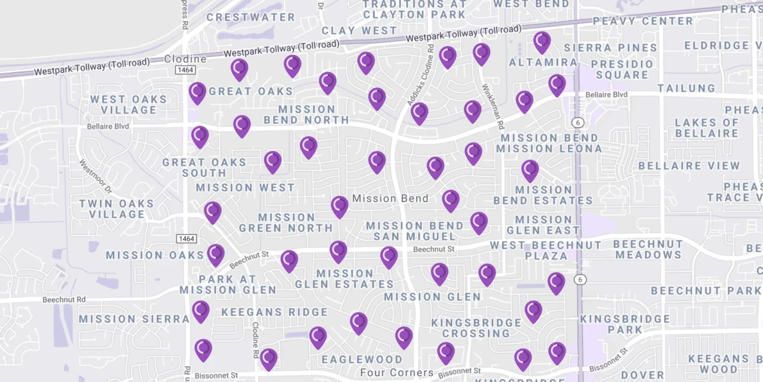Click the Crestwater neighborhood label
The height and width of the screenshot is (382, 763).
click(x=251, y=17)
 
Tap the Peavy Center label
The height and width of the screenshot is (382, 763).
click(x=643, y=21)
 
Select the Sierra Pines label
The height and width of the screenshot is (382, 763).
click(x=610, y=48)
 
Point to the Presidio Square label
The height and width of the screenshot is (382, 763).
click(x=622, y=69)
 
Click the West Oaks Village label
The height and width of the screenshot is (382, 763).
click(x=128, y=105)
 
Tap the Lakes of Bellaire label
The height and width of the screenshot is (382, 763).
click(x=707, y=128)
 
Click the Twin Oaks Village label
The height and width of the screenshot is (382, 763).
click(x=117, y=209)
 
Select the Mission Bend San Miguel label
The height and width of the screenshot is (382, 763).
click(x=414, y=231)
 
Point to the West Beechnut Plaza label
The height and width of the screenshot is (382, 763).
click(x=546, y=250)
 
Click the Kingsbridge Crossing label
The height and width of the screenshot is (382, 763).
click(x=476, y=327)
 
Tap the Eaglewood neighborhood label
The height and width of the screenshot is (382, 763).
click(x=362, y=360)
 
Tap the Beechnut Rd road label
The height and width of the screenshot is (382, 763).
click(x=64, y=300)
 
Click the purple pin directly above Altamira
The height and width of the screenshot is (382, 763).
click(x=542, y=42)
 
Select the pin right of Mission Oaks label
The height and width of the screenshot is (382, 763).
click(x=215, y=254)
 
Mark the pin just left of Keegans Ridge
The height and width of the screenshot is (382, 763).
click(x=201, y=311)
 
